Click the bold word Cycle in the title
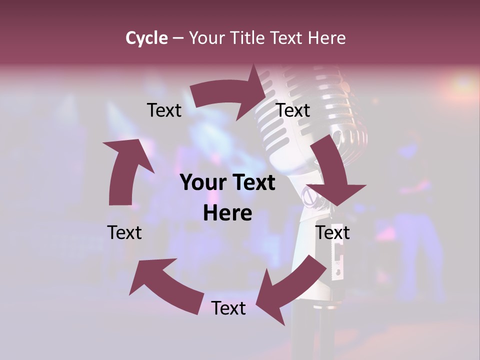click(x=146, y=38)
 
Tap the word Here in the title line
click(x=326, y=38)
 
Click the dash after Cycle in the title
click(x=178, y=38)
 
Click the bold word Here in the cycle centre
click(x=227, y=213)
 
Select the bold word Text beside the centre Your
click(x=255, y=183)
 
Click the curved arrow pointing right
click(x=225, y=93)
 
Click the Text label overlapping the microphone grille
click(x=293, y=110)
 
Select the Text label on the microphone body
click(x=332, y=232)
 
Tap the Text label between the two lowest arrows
click(x=228, y=308)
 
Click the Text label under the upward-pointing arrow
click(x=124, y=232)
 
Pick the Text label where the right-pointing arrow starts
click(x=164, y=110)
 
